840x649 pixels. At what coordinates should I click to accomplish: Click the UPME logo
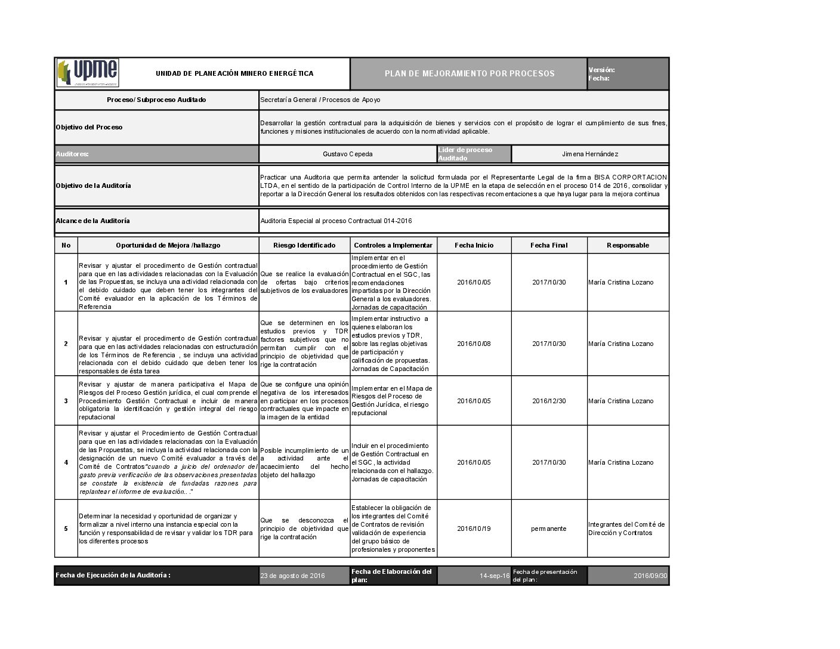coord(88,73)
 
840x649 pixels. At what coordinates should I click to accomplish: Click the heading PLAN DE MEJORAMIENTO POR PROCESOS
coord(470,74)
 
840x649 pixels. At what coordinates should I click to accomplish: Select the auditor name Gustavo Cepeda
coord(348,154)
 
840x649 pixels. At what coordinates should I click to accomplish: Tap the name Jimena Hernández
coord(590,154)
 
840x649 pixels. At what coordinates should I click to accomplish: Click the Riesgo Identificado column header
coord(304,245)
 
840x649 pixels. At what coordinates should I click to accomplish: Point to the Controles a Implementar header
coord(393,245)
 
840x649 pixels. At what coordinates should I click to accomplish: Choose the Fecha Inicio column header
coord(474,245)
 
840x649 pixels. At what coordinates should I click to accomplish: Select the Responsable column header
coord(628,245)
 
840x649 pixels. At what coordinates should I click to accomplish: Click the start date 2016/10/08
coord(474,344)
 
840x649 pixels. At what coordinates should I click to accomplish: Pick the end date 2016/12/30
coord(549,401)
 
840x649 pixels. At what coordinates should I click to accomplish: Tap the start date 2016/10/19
coord(474,529)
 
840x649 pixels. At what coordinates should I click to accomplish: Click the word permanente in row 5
coord(549,529)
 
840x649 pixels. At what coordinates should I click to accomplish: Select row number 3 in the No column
coord(66,401)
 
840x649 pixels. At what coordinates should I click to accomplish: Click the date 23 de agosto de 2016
coord(292,576)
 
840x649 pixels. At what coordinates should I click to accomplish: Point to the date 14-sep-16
coord(495,576)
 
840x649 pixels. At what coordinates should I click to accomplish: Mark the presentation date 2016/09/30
coord(650,576)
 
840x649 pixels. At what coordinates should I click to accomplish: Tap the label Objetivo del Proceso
coord(89,127)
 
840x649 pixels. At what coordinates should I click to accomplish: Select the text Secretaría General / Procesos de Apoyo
coord(320,100)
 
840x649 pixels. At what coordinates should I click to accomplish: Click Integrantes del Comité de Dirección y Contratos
coord(626,529)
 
